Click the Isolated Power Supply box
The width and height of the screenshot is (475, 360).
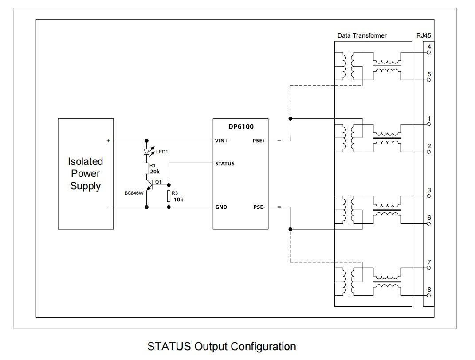tap(85, 174)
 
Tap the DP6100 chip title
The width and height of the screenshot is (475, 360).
tap(240, 126)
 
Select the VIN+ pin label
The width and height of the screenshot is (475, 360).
tap(222, 141)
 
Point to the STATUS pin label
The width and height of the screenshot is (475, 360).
tap(225, 164)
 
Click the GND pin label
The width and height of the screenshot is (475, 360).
tap(221, 207)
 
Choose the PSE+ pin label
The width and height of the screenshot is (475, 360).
tap(259, 141)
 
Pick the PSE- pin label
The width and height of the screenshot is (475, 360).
tap(259, 207)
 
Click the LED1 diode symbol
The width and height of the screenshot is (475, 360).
tap(147, 152)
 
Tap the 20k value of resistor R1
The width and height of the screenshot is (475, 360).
tap(155, 171)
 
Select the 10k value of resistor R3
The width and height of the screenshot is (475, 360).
tap(178, 200)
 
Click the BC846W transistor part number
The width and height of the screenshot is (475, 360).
tap(134, 193)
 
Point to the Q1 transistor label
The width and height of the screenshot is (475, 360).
tap(158, 182)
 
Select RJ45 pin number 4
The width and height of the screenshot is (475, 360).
tap(429, 47)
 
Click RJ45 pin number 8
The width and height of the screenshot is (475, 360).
tap(429, 290)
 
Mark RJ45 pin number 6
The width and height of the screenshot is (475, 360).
tap(429, 218)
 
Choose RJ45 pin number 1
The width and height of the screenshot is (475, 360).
tap(429, 118)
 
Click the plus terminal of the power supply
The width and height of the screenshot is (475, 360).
tap(108, 141)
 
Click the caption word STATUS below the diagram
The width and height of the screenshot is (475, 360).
tap(169, 346)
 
